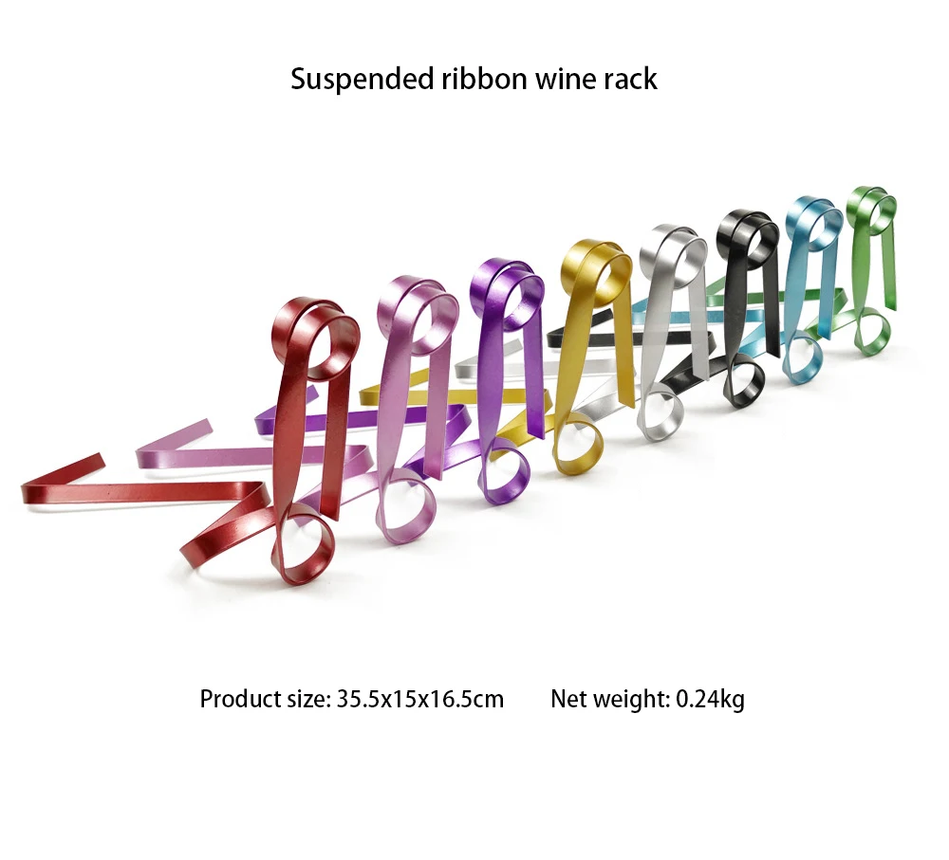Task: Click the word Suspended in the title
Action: pos(360,79)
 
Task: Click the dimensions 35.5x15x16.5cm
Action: pos(419,700)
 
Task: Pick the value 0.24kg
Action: pos(710,700)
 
